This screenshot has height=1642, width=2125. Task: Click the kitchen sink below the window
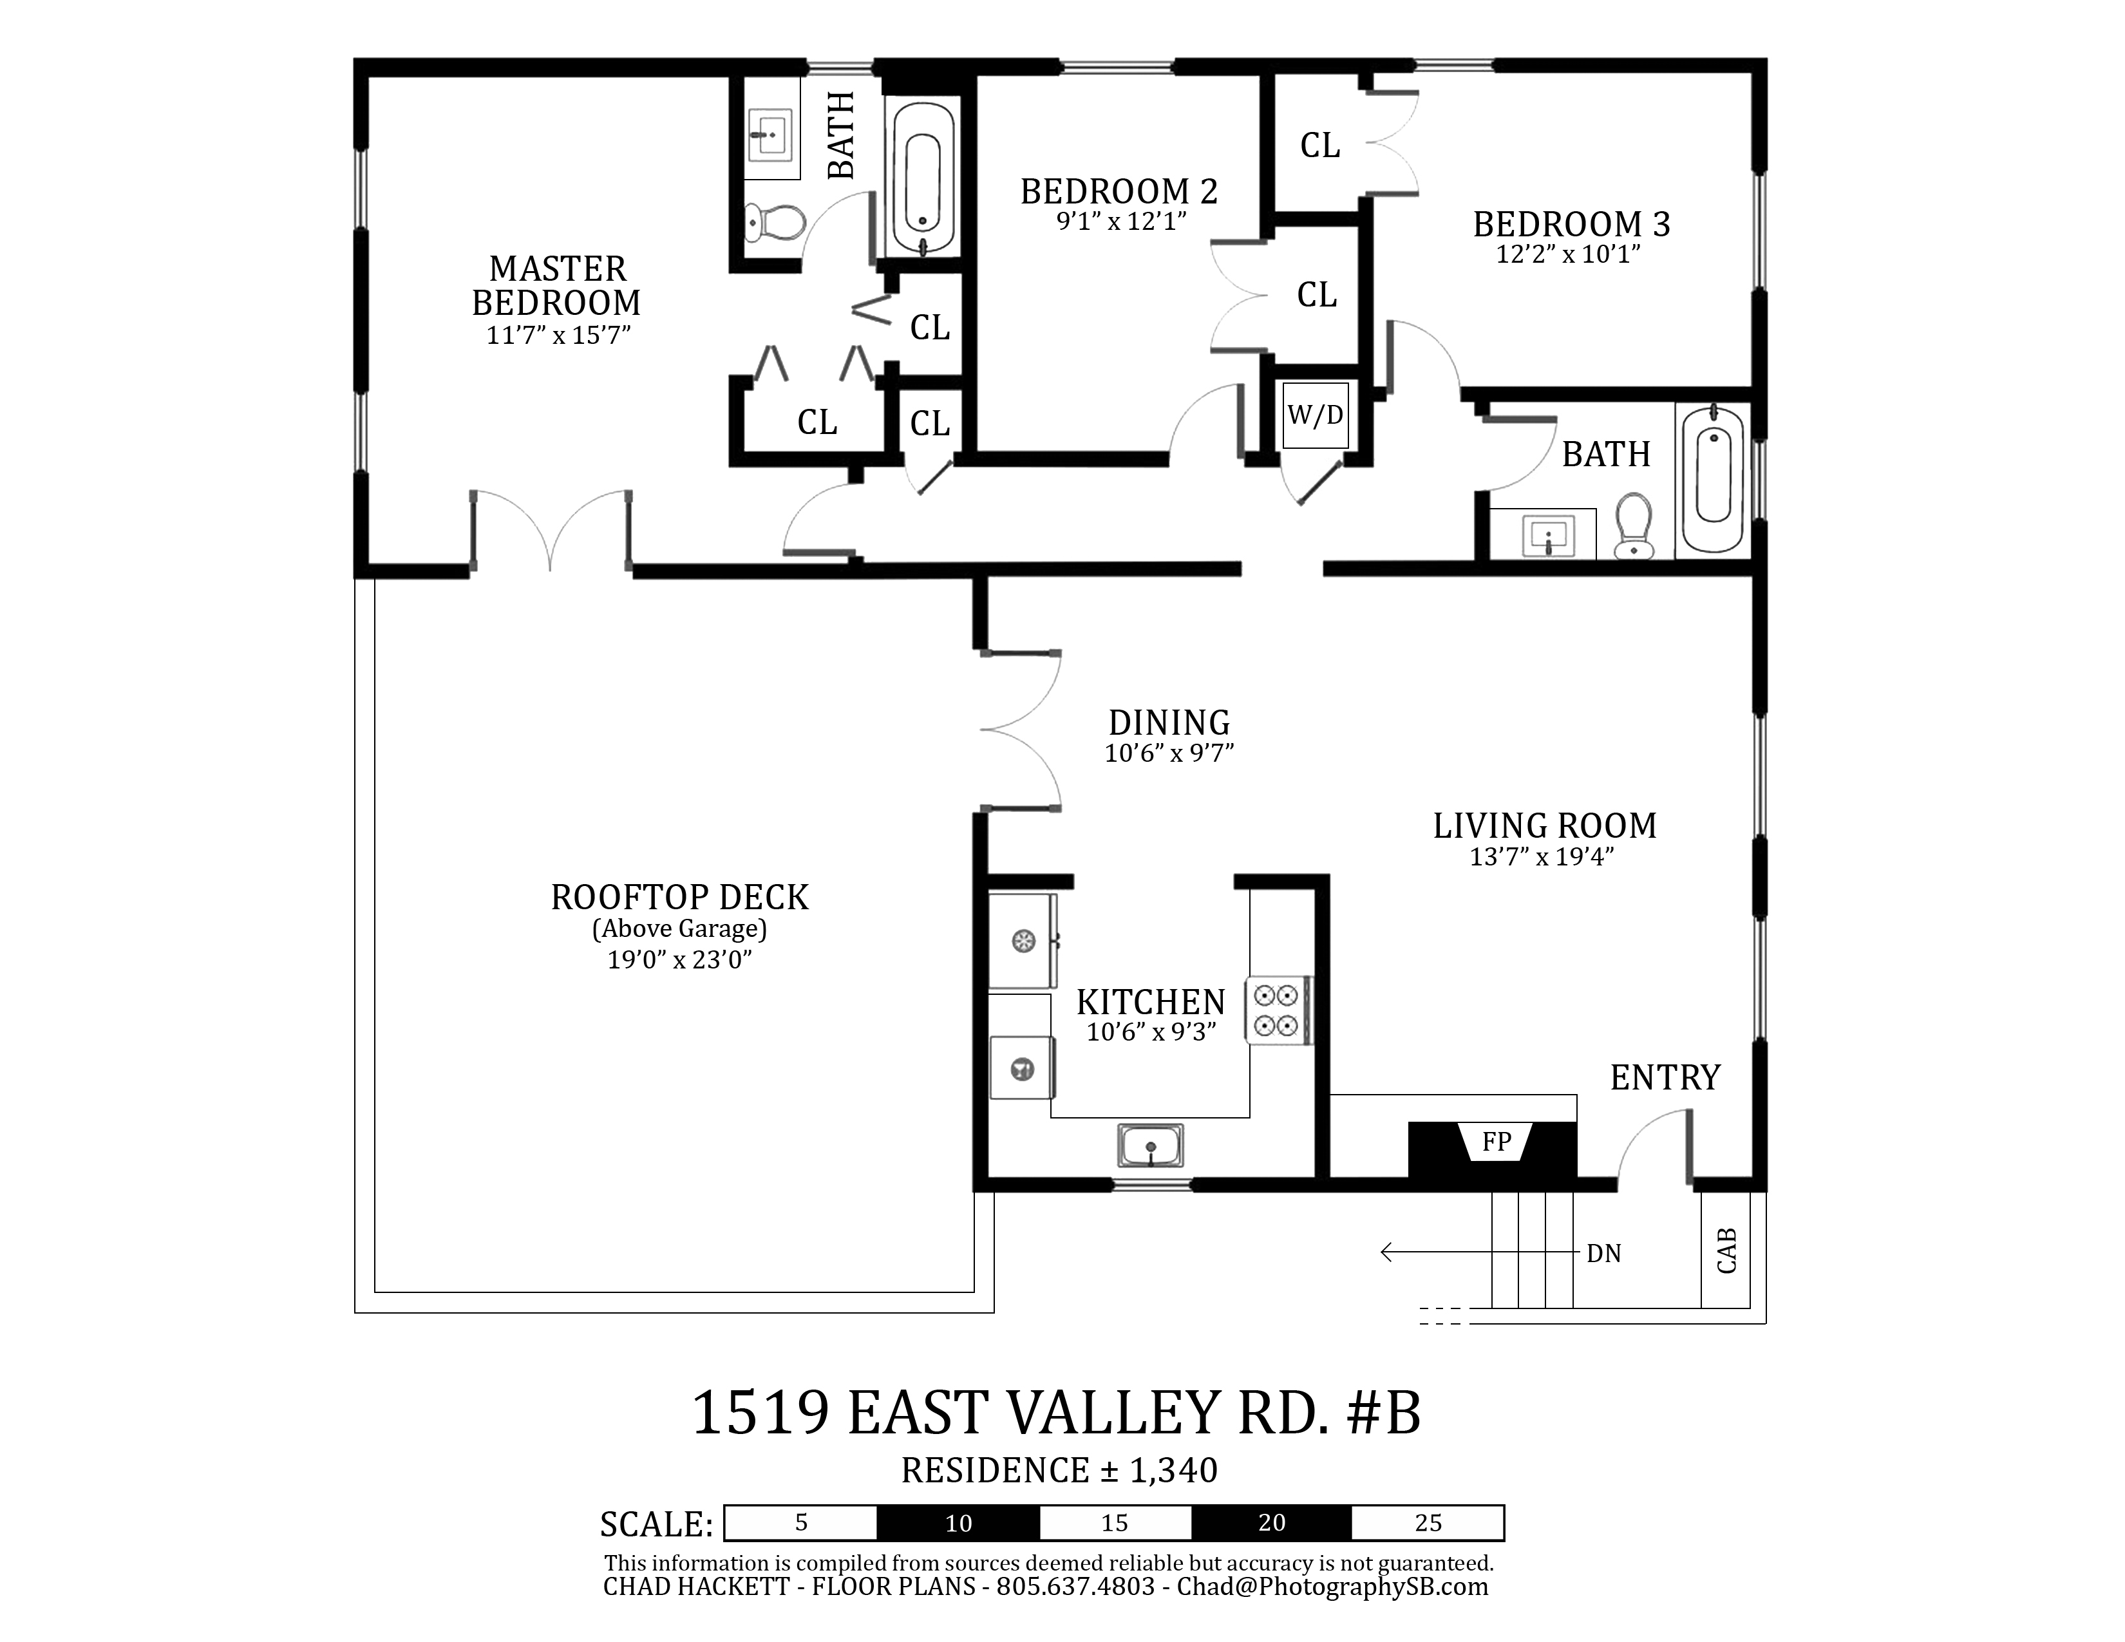tap(1150, 1145)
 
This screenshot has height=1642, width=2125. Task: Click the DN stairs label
tap(1603, 1254)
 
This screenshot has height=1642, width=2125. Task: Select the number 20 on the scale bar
tap(1272, 1522)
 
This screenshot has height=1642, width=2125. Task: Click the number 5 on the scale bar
tap(801, 1522)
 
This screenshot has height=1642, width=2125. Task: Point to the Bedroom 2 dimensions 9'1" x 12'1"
tap(1122, 222)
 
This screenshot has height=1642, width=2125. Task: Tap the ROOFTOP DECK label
tap(680, 897)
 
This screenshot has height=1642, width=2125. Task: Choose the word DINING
tap(1169, 722)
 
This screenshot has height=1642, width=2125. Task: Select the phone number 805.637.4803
tap(1075, 1587)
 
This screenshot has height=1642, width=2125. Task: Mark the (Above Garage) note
tap(680, 929)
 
